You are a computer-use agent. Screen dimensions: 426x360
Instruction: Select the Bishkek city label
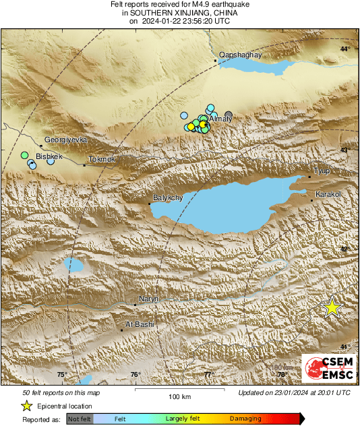[x=49, y=156]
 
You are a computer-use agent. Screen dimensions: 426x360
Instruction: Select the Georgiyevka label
[x=65, y=140]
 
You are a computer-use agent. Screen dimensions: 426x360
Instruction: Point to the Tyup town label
[x=322, y=171]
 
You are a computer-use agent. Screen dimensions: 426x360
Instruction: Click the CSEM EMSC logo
[x=328, y=371]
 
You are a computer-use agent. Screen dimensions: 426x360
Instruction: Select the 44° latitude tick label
[x=344, y=49]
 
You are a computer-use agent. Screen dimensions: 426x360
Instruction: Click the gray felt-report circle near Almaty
[x=229, y=115]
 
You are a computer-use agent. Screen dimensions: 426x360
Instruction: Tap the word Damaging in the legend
[x=245, y=419]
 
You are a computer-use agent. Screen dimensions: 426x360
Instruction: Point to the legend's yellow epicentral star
[x=26, y=406]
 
